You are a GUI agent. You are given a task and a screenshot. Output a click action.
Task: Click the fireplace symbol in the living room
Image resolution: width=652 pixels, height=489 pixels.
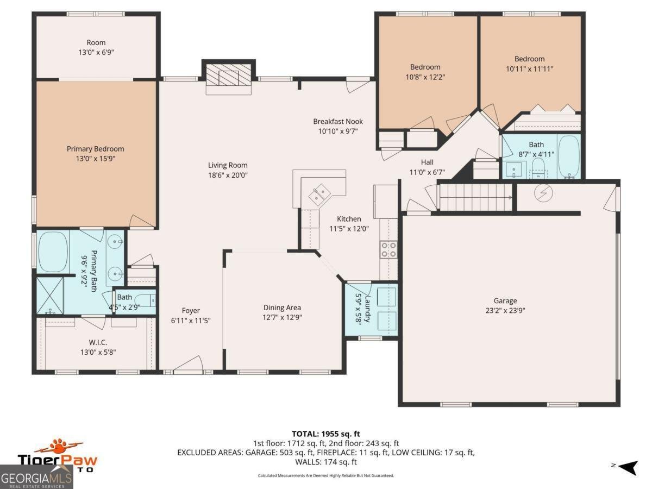229,78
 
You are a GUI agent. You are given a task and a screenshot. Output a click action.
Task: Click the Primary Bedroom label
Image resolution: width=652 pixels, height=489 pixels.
96,149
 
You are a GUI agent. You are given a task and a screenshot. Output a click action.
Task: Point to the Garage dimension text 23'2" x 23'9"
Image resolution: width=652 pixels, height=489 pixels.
505,311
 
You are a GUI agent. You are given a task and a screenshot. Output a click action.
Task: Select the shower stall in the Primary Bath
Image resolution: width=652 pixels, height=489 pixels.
50,295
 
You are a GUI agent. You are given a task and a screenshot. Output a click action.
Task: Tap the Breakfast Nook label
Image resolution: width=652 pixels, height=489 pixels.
338,122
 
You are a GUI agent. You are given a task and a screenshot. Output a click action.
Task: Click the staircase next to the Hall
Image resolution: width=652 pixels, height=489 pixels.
474,197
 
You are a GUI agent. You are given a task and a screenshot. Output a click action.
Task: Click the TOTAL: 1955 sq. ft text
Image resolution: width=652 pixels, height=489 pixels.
326,434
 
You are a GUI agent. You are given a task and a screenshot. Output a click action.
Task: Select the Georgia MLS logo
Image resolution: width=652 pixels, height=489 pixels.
36,478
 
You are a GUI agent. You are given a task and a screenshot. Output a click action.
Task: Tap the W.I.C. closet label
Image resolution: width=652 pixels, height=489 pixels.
98,342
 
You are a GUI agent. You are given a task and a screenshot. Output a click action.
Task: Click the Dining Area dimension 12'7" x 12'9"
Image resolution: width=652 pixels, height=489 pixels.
282,317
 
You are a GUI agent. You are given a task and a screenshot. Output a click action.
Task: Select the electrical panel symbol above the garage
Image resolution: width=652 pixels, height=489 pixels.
544,193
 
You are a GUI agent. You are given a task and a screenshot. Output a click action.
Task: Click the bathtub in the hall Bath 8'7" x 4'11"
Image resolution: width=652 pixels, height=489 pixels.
569,156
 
